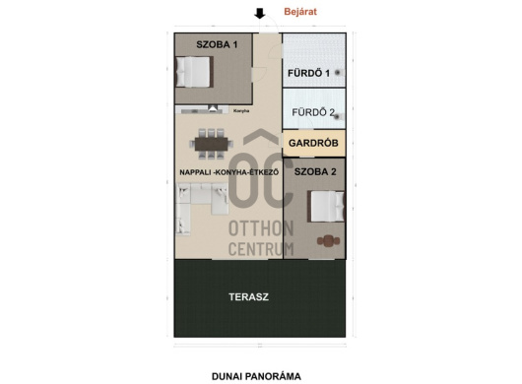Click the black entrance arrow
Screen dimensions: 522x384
260,14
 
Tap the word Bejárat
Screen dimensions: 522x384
300,12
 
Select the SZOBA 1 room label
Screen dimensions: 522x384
217,44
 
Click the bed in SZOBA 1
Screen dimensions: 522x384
194,72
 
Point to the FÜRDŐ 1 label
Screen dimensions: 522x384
308,73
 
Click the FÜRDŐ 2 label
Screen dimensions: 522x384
313,112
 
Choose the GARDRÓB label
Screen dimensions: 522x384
313,143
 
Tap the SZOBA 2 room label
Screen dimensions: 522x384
315,171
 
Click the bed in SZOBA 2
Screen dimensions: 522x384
326,207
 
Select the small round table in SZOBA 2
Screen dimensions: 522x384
328,241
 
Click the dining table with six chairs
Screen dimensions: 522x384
212,144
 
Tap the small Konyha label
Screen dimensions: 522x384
241,111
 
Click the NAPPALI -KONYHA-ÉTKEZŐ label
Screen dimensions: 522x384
229,172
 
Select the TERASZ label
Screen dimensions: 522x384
248,296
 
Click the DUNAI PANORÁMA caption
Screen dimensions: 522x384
256,376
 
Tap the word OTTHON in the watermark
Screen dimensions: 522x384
261,228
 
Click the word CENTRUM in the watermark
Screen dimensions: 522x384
261,249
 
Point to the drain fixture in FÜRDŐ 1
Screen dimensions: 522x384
338,72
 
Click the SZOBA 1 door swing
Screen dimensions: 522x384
260,74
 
